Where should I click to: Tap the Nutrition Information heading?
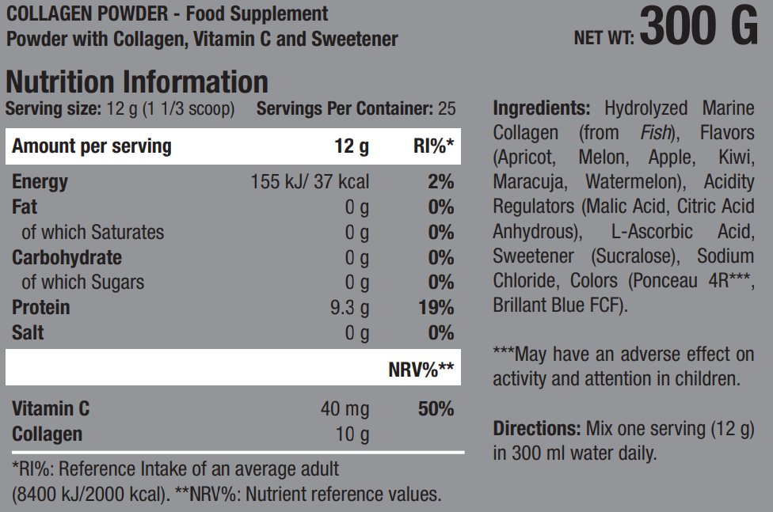click(137, 82)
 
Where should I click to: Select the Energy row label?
click(40, 182)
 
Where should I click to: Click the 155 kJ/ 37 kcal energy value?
click(310, 182)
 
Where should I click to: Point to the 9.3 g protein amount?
click(349, 307)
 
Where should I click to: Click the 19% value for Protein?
click(436, 307)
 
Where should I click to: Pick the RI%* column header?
click(433, 146)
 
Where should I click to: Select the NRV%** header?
click(421, 368)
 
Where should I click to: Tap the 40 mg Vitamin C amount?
click(345, 409)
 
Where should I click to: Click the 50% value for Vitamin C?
click(436, 409)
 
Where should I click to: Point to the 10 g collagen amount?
click(353, 434)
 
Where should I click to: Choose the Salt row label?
click(29, 332)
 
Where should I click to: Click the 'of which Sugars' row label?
click(83, 283)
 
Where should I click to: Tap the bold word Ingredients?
click(541, 108)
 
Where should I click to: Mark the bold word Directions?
click(537, 429)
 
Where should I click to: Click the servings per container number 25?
click(447, 108)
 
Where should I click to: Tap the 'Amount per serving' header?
click(92, 146)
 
